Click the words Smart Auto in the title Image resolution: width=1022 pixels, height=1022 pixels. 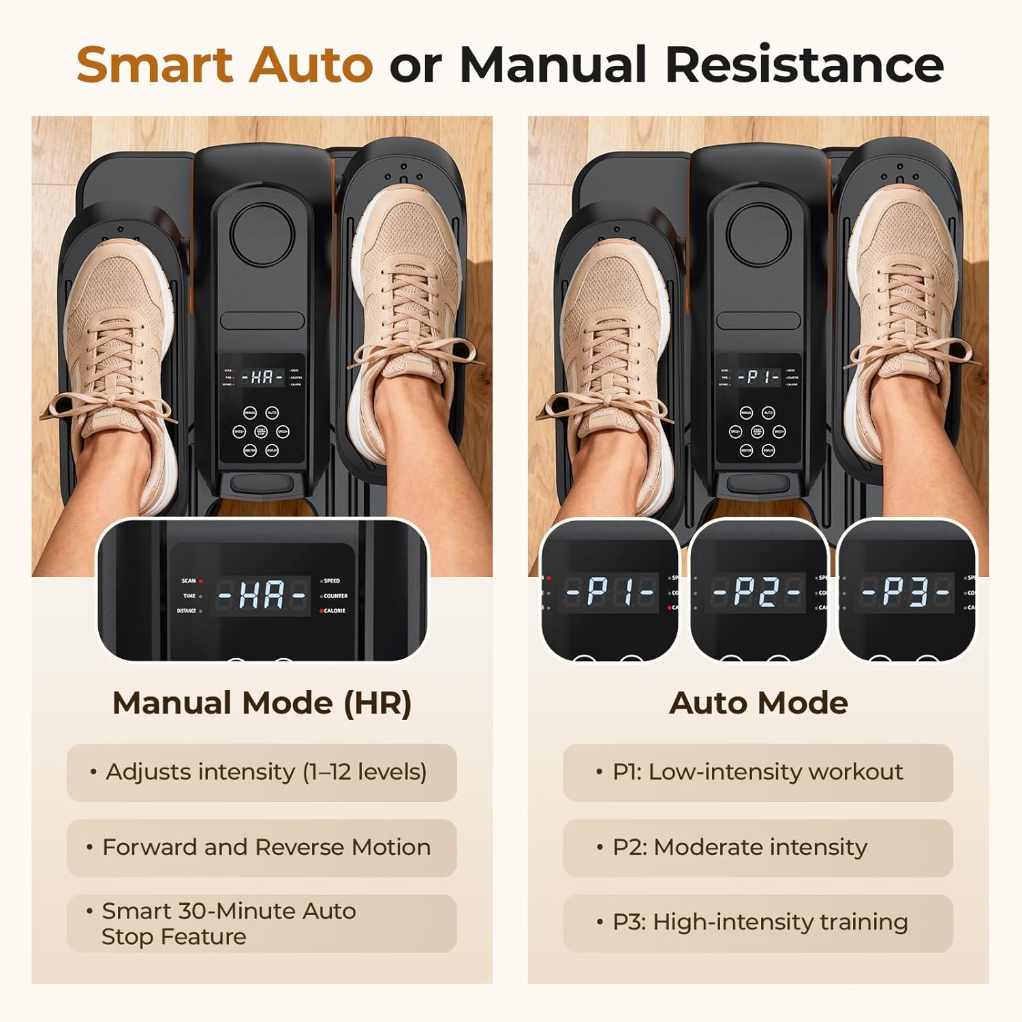point(224,65)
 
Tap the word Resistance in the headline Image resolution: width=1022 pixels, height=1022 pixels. point(804,65)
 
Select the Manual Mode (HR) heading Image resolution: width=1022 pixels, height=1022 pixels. point(262,703)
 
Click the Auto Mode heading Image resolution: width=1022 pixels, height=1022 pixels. point(758,703)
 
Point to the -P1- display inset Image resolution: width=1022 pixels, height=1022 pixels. point(609,591)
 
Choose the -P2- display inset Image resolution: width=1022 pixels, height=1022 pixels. point(758,591)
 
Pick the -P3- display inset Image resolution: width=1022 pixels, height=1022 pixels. point(906,591)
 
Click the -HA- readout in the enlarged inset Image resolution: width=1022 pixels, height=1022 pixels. point(262,595)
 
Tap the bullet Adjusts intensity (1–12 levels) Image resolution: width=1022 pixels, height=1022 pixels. point(262,772)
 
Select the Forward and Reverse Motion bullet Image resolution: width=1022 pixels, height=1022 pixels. point(262,847)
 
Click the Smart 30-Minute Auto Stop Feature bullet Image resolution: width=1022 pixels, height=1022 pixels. point(262,923)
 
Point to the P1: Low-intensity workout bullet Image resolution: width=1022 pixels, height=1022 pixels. point(758,772)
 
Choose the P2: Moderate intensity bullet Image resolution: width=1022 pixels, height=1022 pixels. point(758,847)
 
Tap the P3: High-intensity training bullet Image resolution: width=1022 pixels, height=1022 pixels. point(758,922)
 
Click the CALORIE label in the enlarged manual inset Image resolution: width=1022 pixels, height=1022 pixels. point(334,611)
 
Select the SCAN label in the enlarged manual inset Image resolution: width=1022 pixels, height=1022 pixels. point(189,581)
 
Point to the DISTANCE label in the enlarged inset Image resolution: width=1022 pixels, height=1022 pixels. point(187,611)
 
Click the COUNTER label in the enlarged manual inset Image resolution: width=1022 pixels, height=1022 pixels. point(335,596)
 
